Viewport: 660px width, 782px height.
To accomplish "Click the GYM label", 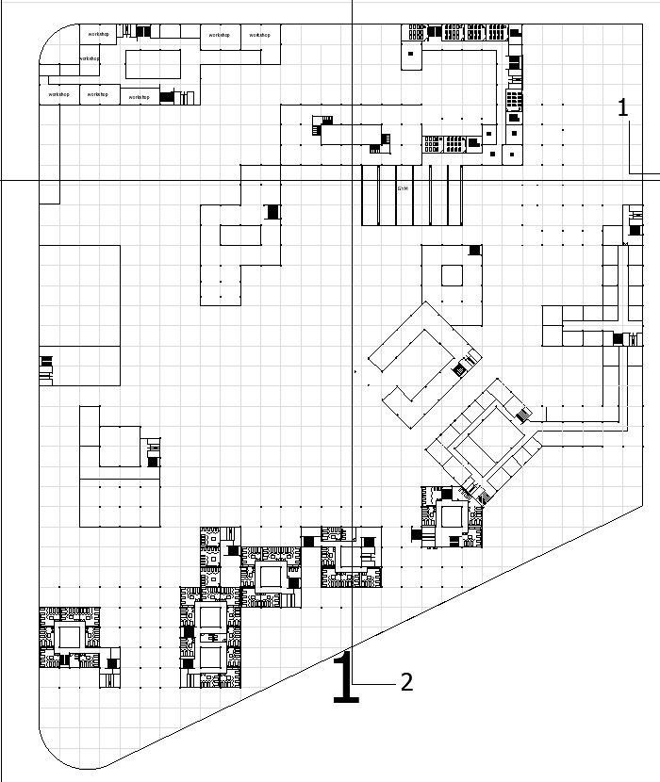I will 403,188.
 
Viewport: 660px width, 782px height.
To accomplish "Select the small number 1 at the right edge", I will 622,108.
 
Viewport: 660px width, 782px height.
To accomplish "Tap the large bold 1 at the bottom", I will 345,677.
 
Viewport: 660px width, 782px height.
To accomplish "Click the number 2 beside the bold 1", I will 406,682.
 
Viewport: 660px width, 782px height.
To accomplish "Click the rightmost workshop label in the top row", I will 260,35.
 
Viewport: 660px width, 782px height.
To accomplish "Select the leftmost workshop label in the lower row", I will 58,94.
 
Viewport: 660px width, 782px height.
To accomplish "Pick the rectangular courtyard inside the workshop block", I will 153,64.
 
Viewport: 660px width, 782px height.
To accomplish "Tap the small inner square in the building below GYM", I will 452,275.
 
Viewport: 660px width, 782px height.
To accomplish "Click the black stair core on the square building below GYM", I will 475,250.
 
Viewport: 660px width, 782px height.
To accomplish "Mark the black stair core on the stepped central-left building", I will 272,212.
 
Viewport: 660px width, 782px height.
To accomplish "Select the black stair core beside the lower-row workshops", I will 167,96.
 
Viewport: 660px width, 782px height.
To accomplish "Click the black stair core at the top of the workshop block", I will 142,31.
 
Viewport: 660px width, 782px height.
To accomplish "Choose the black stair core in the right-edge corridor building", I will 619,338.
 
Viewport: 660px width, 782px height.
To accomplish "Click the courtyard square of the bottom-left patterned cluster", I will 70,637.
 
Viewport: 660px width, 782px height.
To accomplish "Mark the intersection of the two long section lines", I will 352,179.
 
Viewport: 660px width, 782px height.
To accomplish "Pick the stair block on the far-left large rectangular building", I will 45,368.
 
